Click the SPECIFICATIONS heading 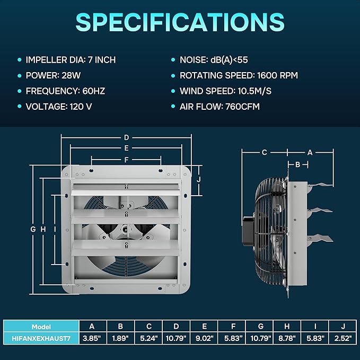coord(180,22)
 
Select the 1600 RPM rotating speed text coord(278,75)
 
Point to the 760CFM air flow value coord(242,107)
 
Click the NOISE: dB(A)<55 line coord(214,60)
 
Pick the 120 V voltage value coord(81,107)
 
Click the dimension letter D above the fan coord(126,137)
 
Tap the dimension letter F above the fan coord(126,160)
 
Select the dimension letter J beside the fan coord(199,180)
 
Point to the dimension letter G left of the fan coord(33,229)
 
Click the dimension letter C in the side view coord(264,153)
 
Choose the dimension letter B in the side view coord(298,164)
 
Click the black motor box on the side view coord(248,231)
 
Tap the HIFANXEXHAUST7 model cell coord(41,338)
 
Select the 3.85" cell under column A coord(92,338)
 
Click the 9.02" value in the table coord(204,338)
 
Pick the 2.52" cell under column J coord(343,338)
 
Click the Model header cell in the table coord(41,327)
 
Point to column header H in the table coord(287,326)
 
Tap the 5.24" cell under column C coord(149,338)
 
